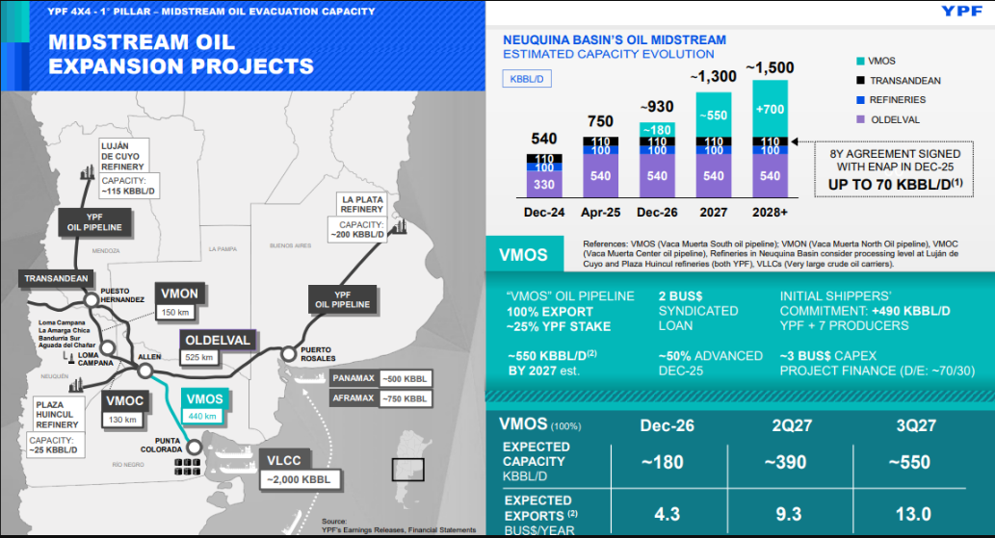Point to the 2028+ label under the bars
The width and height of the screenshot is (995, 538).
770,213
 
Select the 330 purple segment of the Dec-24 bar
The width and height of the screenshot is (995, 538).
544,184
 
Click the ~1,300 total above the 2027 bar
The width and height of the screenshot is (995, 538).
714,76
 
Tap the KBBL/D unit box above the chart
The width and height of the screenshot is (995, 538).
528,79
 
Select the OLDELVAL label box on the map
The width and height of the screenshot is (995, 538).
218,340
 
